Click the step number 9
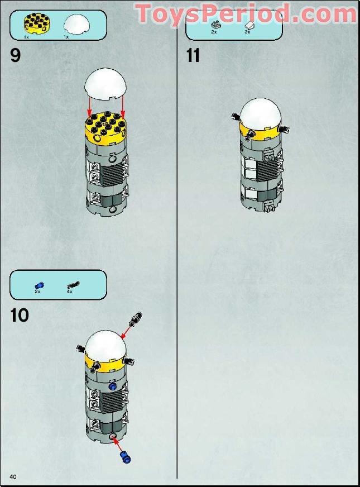coord(16,55)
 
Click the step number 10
coord(20,315)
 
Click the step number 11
coord(193,56)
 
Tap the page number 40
coord(13,477)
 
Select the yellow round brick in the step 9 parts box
coord(37,23)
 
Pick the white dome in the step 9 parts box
coord(76,25)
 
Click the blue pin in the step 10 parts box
coord(39,286)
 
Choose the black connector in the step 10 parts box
coord(73,285)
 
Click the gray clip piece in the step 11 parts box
coord(215,25)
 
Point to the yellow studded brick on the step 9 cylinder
coord(105,128)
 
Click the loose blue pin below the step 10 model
coord(125,457)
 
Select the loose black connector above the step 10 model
coord(136,319)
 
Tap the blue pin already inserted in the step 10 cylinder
coord(113,386)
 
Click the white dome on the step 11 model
coord(260,114)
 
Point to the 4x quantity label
coord(70,292)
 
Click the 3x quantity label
coord(247,32)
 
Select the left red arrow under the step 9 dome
coord(89,107)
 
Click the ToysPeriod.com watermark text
coord(246,13)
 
